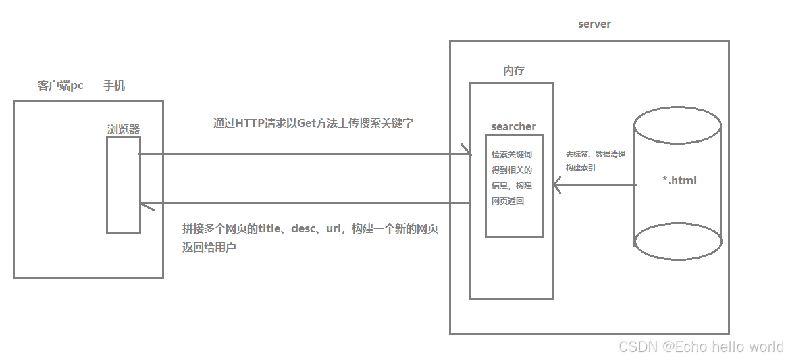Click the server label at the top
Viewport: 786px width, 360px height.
[594, 24]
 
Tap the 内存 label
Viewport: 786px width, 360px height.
[514, 70]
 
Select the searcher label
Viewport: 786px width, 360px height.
[513, 126]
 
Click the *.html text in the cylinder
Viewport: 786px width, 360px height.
[679, 180]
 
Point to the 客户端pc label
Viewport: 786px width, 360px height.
[61, 86]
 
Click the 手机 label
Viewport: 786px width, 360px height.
[113, 86]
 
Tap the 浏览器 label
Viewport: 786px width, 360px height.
[124, 129]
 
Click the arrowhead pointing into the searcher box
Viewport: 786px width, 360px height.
[467, 150]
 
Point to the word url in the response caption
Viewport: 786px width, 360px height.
[333, 229]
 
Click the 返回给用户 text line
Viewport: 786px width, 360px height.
[209, 247]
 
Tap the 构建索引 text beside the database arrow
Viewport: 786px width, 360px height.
[581, 168]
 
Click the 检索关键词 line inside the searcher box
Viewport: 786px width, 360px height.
[512, 155]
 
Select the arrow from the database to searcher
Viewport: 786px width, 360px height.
[594, 184]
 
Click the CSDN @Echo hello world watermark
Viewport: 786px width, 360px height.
[701, 346]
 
